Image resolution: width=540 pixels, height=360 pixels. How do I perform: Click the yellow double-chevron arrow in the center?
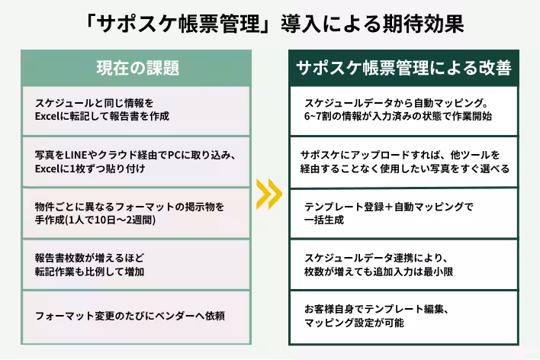pos(269,194)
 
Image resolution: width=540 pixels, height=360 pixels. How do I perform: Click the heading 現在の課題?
pos(137,68)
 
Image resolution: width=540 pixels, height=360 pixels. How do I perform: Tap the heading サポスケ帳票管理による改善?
pos(403,68)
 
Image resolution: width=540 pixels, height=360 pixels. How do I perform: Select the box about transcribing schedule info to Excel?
pos(137,110)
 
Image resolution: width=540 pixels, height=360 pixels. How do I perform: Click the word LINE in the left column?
pos(76,155)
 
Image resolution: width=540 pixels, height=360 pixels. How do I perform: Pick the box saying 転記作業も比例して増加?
pos(137,263)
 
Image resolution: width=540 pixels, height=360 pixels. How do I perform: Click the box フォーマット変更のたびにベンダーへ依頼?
pos(137,315)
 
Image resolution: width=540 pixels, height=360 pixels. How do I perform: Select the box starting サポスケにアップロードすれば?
pos(403,162)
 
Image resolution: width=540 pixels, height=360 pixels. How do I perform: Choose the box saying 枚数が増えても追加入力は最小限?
pos(403,263)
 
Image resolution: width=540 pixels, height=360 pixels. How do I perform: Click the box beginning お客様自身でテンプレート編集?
pos(403,315)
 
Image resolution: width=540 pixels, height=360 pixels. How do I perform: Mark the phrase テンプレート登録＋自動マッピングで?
pos(388,206)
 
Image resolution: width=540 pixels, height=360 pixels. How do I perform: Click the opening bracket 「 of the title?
pos(93,23)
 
